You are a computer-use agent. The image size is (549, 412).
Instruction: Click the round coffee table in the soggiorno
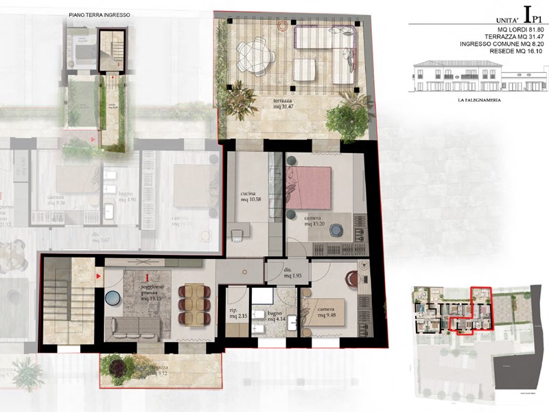114,298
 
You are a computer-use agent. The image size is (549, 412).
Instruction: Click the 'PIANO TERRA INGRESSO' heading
100,14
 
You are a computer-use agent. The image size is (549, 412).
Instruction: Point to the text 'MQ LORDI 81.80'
523,30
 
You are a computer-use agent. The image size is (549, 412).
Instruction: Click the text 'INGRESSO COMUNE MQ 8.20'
504,44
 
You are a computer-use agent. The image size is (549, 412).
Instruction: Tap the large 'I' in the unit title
527,13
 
